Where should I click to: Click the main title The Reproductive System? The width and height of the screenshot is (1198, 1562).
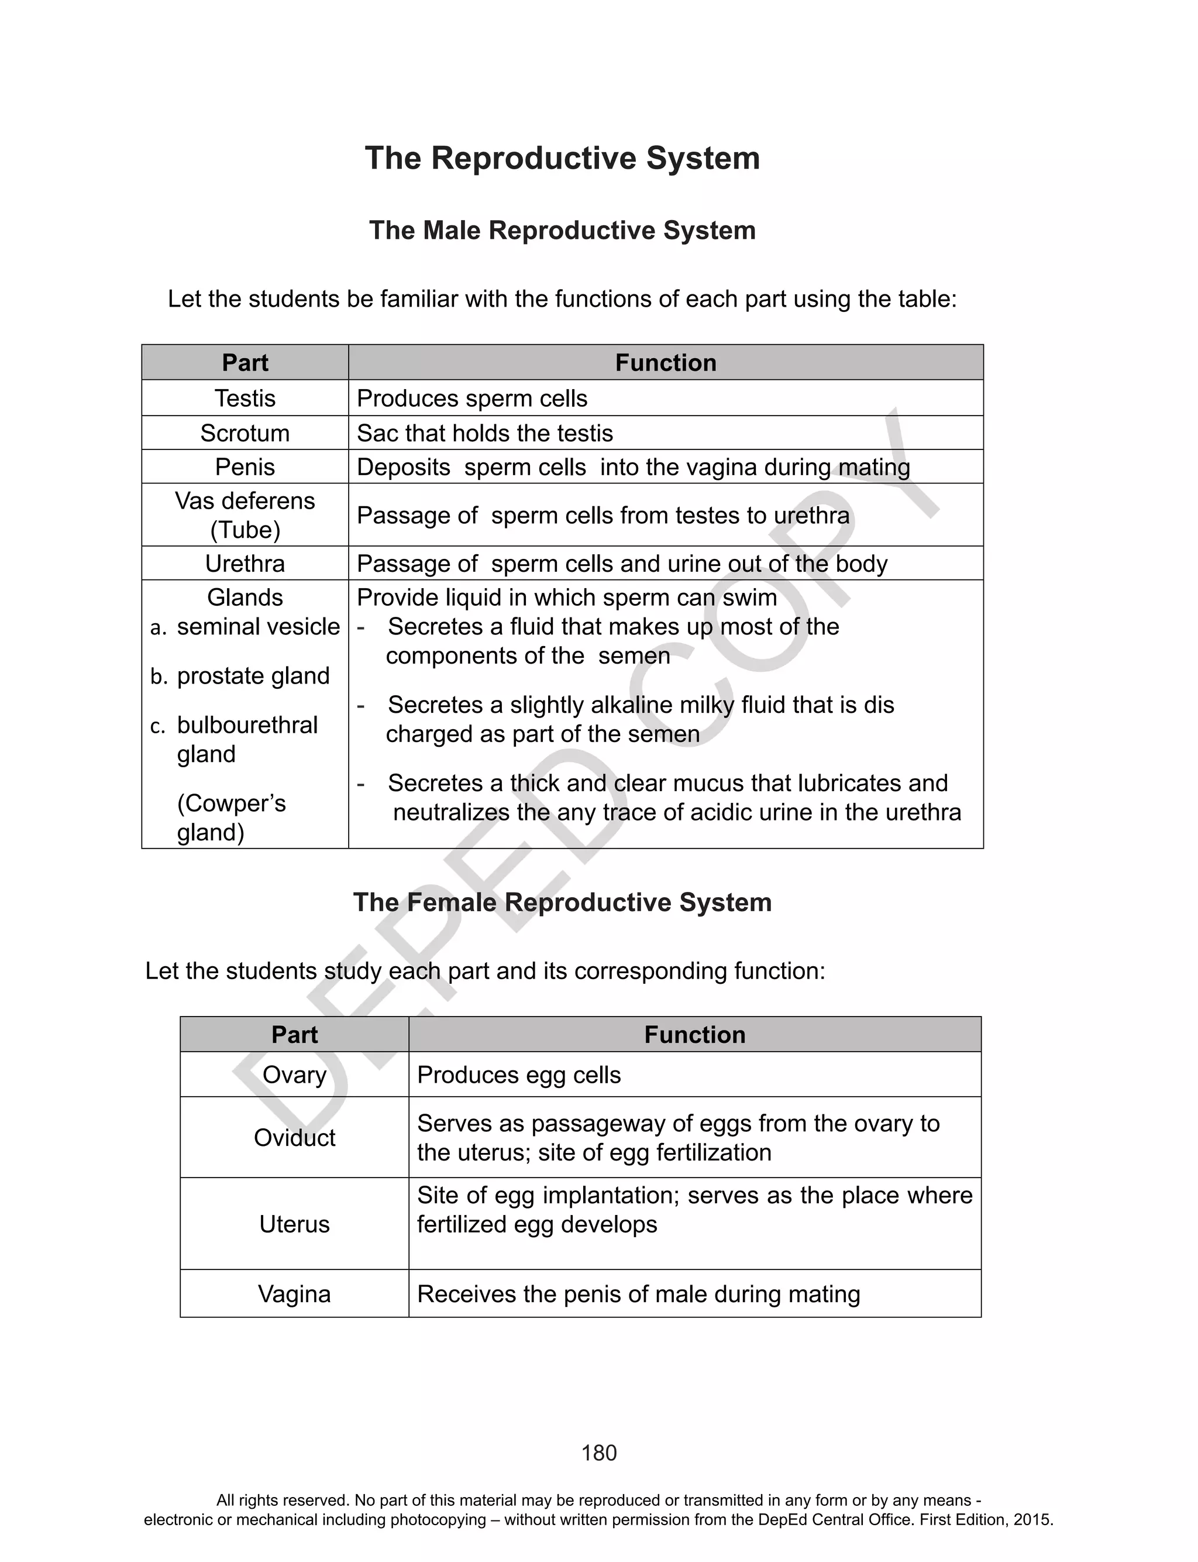coord(562,159)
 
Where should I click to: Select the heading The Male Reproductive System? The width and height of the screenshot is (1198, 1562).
coord(562,231)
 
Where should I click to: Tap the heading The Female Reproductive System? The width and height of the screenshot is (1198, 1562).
coord(562,902)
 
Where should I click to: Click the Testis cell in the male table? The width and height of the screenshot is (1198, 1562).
coord(245,398)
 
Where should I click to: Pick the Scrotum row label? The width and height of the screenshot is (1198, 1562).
coord(245,433)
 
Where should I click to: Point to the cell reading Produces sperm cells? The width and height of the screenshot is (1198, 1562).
coord(472,398)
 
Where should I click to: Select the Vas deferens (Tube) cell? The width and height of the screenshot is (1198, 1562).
coord(245,515)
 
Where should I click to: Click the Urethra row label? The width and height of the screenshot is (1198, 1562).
coord(245,564)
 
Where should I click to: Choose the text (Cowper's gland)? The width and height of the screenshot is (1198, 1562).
coord(231,818)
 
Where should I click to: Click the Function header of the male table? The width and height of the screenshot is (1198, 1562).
coord(665,362)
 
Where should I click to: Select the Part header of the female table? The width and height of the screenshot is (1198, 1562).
coord(294,1034)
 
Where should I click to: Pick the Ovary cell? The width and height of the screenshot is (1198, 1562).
coord(294,1075)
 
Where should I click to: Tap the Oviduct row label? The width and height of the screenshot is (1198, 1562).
coord(294,1138)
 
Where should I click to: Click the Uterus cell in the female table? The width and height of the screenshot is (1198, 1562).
coord(294,1224)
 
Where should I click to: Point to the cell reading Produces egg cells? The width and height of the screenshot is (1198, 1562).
coord(518,1075)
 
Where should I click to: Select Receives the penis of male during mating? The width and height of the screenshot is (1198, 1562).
coord(638,1294)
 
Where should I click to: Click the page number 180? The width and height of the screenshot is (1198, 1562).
coord(598,1453)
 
